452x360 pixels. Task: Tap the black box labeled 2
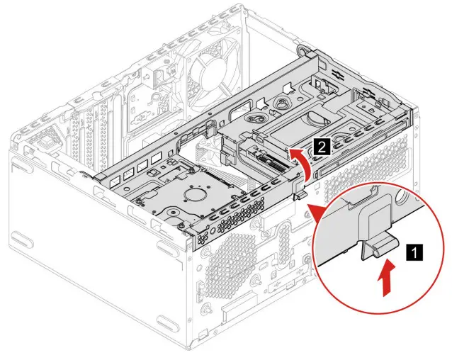320,147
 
